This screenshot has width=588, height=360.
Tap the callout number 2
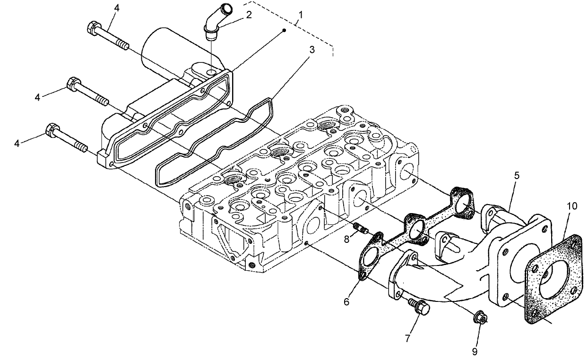point(249,15)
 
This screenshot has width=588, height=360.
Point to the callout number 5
point(517,175)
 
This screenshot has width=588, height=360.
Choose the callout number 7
point(407,338)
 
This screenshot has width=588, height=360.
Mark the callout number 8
point(346,240)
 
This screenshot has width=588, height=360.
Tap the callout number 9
point(475,351)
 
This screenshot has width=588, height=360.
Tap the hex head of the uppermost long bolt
point(93,28)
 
